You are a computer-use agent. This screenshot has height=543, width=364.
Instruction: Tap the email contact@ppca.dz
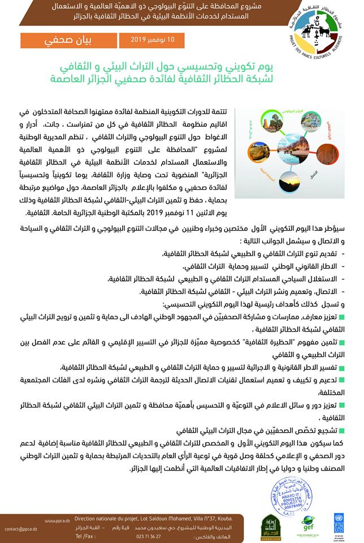click(19, 529)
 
